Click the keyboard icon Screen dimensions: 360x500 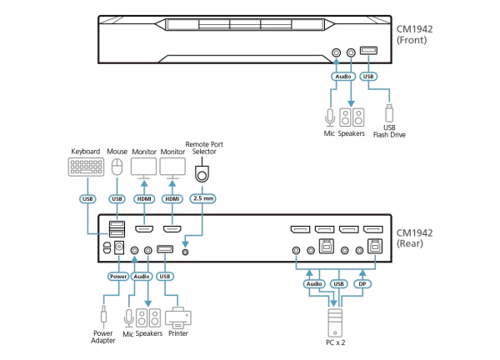(x=87, y=167)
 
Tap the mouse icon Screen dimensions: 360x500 (x=117, y=167)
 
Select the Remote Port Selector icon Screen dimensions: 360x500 (x=202, y=172)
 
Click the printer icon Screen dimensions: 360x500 (x=177, y=317)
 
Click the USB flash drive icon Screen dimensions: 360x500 (x=388, y=114)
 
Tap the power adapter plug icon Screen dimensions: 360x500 (x=103, y=316)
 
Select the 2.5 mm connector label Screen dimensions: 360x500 (x=202, y=199)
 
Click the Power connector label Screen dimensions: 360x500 (x=117, y=276)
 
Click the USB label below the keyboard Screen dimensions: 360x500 (x=87, y=199)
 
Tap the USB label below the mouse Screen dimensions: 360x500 (x=117, y=199)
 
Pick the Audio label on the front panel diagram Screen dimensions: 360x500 (x=342, y=76)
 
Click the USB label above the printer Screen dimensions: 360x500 (x=165, y=276)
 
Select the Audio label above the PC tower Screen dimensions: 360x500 (x=313, y=283)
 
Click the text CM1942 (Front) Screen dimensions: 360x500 (x=414, y=33)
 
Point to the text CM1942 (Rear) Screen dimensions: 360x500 (x=414, y=238)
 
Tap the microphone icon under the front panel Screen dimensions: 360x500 (x=330, y=116)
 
